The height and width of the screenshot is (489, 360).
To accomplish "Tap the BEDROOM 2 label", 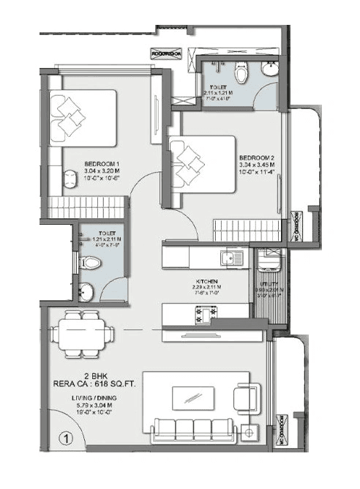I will pos(256,158).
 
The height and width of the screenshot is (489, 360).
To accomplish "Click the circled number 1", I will pos(65,440).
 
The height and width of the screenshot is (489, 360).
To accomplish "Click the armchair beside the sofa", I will pos(244,398).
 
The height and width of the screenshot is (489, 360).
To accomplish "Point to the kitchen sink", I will pos(231,258).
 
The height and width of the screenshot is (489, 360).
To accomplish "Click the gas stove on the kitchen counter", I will pos(207,313).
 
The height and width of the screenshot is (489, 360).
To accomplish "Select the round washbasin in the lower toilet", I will pos(87,292).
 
